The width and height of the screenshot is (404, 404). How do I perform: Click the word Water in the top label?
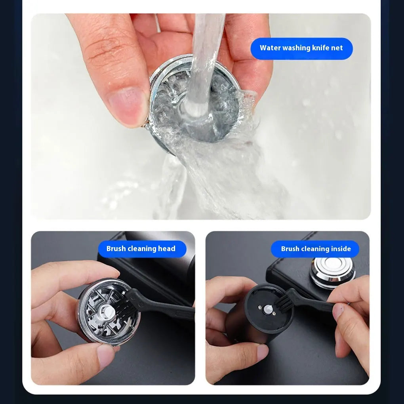pos(271,48)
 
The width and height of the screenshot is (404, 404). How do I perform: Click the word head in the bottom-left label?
pos(167,249)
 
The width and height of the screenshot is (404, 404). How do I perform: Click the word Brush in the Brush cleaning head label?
pos(116,249)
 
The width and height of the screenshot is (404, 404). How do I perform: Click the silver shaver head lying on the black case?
pos(332,271)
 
